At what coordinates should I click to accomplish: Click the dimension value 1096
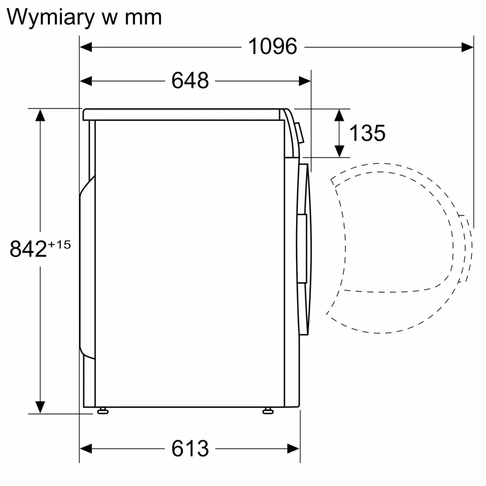tap(272, 47)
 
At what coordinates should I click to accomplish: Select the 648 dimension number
tap(190, 81)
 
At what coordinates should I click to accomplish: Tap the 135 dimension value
tap(367, 133)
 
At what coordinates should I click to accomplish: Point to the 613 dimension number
tap(190, 448)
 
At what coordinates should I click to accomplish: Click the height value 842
tap(28, 249)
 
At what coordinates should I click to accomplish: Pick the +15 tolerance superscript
tap(59, 244)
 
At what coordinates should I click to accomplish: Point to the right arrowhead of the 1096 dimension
tap(468, 47)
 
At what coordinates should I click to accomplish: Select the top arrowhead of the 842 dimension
tap(40, 115)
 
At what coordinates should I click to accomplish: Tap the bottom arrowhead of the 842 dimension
tap(40, 407)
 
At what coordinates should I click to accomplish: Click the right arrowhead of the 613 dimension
tap(294, 448)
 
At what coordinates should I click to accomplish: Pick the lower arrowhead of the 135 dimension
tap(340, 151)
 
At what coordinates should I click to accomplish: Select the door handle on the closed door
tap(302, 248)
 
